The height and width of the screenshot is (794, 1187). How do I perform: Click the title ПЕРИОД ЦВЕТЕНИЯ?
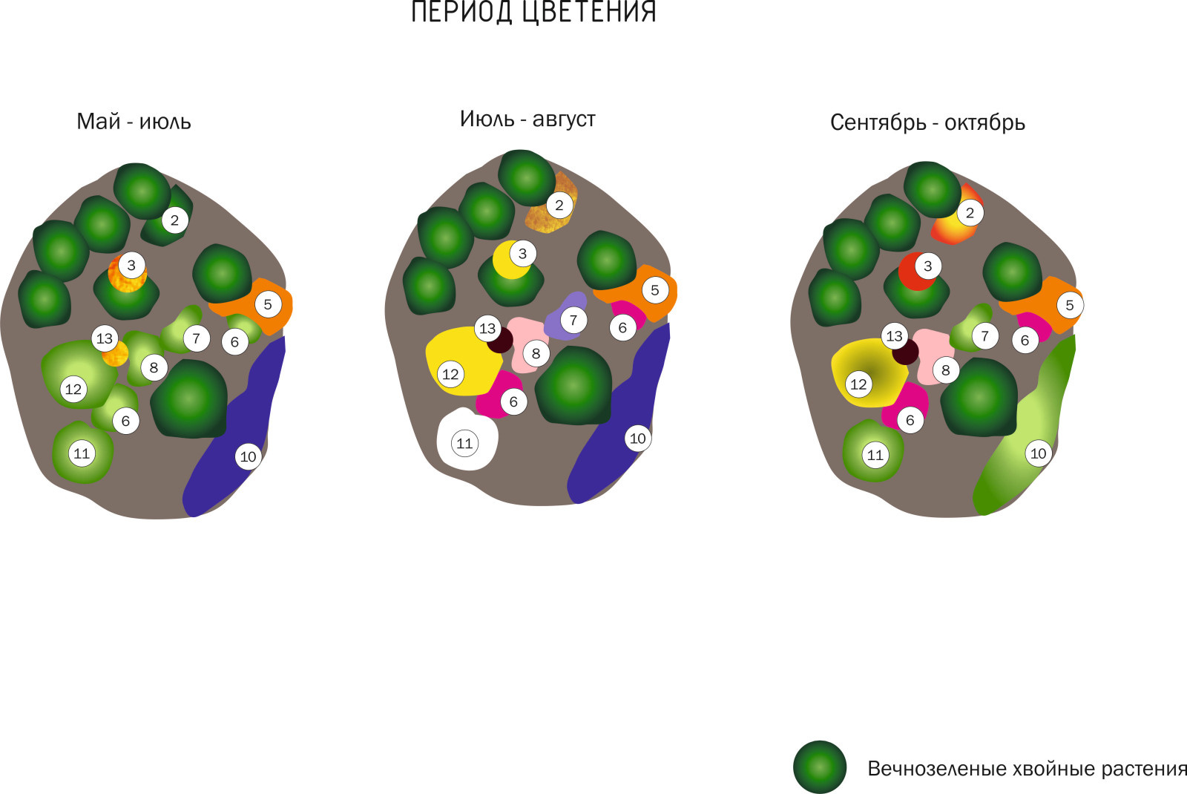[533, 12]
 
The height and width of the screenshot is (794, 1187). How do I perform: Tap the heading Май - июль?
[134, 122]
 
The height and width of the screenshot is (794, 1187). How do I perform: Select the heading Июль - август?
[527, 119]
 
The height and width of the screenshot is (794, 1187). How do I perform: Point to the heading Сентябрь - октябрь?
[927, 122]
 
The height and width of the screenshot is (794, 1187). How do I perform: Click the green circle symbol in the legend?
[820, 767]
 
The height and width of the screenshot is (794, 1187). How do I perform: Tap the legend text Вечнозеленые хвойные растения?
[1027, 768]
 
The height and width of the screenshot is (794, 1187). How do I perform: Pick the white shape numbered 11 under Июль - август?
[467, 439]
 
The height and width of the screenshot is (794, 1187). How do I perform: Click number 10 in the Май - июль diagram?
[248, 456]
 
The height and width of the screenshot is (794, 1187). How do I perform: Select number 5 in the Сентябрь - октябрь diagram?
[1070, 305]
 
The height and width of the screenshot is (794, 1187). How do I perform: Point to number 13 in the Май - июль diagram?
[105, 338]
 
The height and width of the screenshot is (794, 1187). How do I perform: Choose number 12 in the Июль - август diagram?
[450, 374]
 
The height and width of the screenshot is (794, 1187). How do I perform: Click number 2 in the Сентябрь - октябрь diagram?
[970, 213]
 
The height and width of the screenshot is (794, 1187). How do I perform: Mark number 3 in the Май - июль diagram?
[131, 265]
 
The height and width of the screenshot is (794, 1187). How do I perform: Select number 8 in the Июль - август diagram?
[536, 353]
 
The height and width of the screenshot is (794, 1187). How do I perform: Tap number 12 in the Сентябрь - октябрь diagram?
[858, 384]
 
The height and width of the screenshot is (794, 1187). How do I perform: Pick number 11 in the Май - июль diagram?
[82, 453]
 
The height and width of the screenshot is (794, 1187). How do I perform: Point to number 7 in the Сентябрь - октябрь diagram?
[985, 336]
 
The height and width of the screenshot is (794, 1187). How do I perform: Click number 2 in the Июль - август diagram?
[559, 205]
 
